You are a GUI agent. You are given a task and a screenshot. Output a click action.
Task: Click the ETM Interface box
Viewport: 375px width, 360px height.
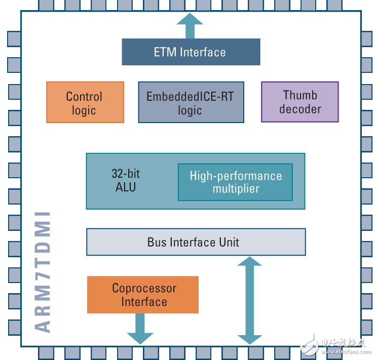191,52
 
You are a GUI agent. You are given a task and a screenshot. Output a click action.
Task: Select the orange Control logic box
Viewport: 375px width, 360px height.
85,102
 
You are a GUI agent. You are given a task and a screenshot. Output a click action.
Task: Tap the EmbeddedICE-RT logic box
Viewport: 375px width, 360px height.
191,102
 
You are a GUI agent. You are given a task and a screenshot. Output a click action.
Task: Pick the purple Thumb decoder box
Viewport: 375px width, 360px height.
299,102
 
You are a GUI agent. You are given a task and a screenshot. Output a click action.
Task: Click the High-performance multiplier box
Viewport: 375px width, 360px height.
235,182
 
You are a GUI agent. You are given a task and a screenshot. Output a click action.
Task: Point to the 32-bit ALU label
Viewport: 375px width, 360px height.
126,180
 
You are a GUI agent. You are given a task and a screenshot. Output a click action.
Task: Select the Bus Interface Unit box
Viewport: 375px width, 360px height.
196,242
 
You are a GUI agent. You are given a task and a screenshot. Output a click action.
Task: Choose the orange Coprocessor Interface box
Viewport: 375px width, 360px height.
142,295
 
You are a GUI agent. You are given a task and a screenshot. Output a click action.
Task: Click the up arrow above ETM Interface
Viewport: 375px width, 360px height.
190,25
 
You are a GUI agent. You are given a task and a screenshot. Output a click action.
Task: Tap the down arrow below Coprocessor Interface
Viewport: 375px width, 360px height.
140,329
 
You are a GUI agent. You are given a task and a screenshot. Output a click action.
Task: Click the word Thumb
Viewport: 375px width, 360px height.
300,95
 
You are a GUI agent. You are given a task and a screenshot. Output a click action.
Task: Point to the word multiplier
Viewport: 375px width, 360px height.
236,189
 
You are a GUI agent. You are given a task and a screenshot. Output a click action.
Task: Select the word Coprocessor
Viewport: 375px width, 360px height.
144,288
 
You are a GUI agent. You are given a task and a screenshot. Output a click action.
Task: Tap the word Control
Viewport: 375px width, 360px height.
84,96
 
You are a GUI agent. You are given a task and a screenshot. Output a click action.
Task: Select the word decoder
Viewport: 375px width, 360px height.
300,109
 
